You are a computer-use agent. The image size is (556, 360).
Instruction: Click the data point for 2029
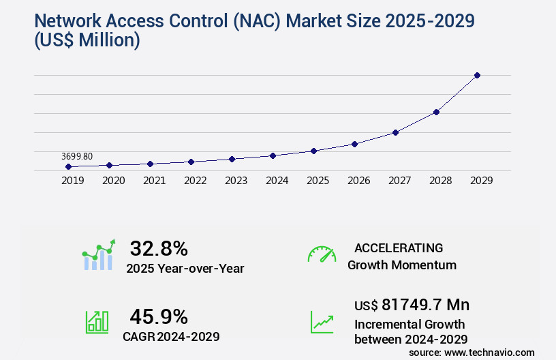click(477, 75)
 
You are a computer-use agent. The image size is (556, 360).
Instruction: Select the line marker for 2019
click(68, 166)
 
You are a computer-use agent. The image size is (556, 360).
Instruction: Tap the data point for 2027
click(395, 132)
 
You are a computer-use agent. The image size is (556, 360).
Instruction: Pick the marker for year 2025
click(313, 151)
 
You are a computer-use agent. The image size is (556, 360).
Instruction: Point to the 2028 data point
click(436, 112)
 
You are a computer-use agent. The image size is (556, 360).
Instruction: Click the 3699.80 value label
click(77, 156)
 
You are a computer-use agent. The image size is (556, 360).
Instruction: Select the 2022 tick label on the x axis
click(195, 181)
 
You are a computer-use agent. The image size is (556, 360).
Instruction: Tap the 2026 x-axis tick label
click(358, 181)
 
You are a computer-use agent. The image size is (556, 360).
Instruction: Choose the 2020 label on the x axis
click(113, 181)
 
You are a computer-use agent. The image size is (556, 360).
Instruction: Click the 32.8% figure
click(159, 248)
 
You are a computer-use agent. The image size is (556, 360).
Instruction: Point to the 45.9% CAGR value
click(159, 316)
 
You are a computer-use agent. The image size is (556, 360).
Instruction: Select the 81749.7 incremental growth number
click(429, 304)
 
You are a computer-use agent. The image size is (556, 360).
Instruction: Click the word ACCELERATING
click(399, 247)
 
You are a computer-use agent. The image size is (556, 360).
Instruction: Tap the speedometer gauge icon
click(322, 254)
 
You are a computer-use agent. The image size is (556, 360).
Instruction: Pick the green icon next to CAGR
click(97, 322)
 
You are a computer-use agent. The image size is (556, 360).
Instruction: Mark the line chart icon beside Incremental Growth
click(322, 322)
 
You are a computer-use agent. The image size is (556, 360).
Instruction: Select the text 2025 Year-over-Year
click(185, 269)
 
